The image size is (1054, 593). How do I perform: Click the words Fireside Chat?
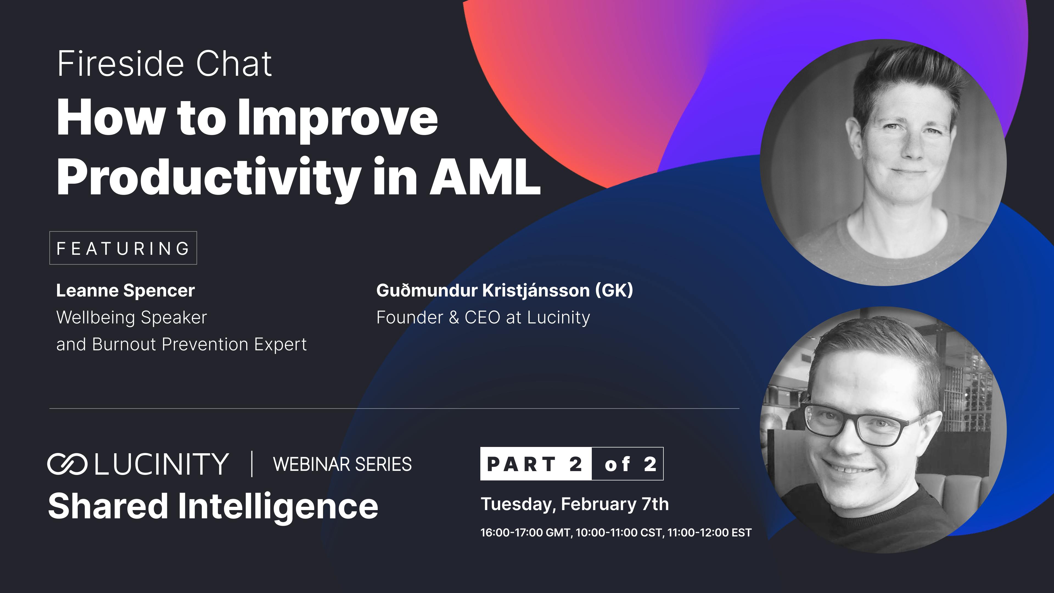[164, 64]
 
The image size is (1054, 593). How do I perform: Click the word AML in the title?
[485, 178]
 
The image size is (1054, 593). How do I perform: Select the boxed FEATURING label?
[123, 248]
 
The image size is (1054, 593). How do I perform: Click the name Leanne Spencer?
[125, 290]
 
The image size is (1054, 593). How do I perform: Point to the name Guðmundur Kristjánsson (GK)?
[504, 290]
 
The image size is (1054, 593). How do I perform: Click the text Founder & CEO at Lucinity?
[483, 318]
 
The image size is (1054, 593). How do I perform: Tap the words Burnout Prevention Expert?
[199, 345]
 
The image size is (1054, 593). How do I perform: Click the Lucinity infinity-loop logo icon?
[67, 464]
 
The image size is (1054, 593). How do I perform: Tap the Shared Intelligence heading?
[213, 506]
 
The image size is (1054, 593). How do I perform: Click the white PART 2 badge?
[535, 464]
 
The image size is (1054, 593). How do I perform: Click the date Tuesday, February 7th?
[574, 504]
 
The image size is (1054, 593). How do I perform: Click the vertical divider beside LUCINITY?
[252, 464]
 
